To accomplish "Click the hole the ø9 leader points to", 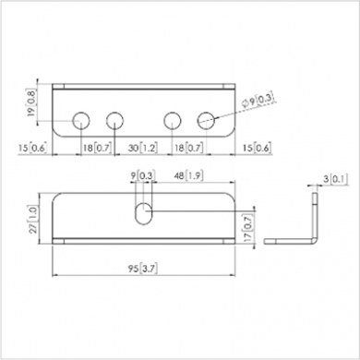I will (208, 119).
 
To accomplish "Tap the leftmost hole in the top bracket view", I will (80, 119).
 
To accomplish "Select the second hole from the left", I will (115, 119).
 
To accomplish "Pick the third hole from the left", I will (173, 119).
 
